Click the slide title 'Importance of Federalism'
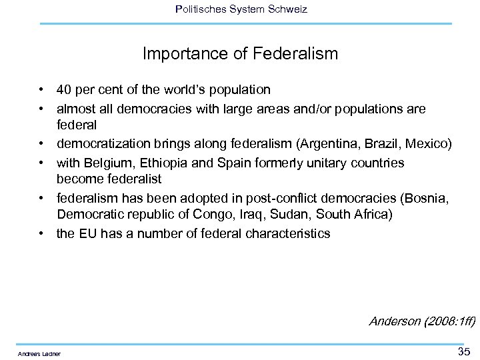pyautogui.click(x=240, y=53)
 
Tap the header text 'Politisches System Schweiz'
pyautogui.click(x=240, y=9)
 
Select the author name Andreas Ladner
pyautogui.click(x=39, y=353)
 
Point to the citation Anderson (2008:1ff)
pyautogui.click(x=422, y=321)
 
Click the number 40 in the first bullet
pyautogui.click(x=65, y=89)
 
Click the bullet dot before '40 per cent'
pyautogui.click(x=41, y=89)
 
